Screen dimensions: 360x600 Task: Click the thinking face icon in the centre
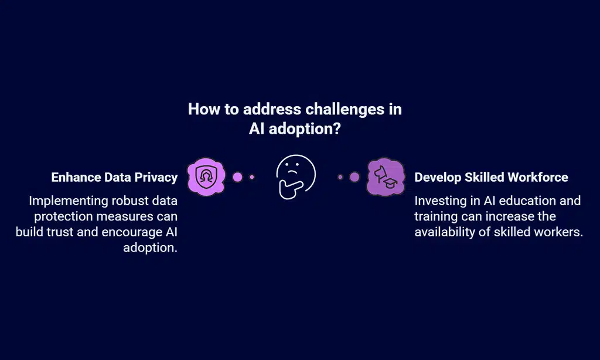295,176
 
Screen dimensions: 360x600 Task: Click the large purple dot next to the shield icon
237,176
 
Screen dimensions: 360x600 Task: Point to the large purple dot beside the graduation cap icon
354,176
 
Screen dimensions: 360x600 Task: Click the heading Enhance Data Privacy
114,177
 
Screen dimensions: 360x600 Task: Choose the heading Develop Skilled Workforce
491,177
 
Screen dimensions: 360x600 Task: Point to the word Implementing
69,201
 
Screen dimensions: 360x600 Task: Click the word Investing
439,201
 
